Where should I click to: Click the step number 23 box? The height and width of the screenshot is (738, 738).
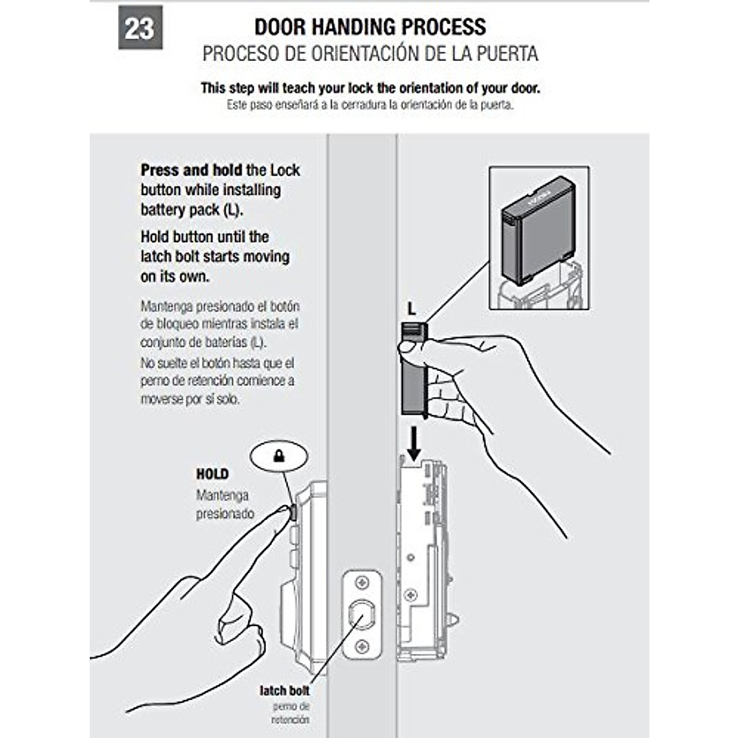pos(140,28)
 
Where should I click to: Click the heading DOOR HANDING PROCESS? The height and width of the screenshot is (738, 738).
pos(370,27)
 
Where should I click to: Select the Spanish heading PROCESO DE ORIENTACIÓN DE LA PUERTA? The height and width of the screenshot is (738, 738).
pos(370,54)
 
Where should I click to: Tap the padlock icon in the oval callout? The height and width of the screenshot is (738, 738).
pos(279,456)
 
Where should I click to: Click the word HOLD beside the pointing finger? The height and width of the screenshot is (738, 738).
pos(212,474)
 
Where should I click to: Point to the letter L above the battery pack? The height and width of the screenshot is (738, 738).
pos(411,309)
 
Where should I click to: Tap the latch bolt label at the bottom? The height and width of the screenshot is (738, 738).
pos(284,691)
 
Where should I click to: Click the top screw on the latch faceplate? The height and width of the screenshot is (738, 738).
pos(362,582)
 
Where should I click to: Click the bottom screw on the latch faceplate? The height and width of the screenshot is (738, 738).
pos(362,646)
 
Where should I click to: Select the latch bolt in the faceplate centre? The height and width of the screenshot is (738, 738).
pos(362,614)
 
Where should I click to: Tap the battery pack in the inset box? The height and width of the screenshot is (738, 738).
pos(537,231)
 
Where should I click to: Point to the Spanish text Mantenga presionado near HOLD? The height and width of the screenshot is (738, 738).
pos(224,504)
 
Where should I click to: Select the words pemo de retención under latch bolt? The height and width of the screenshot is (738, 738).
pos(291,713)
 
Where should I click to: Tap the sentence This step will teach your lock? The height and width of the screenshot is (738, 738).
pos(370,88)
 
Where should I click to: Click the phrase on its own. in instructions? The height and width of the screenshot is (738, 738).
pos(175,277)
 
